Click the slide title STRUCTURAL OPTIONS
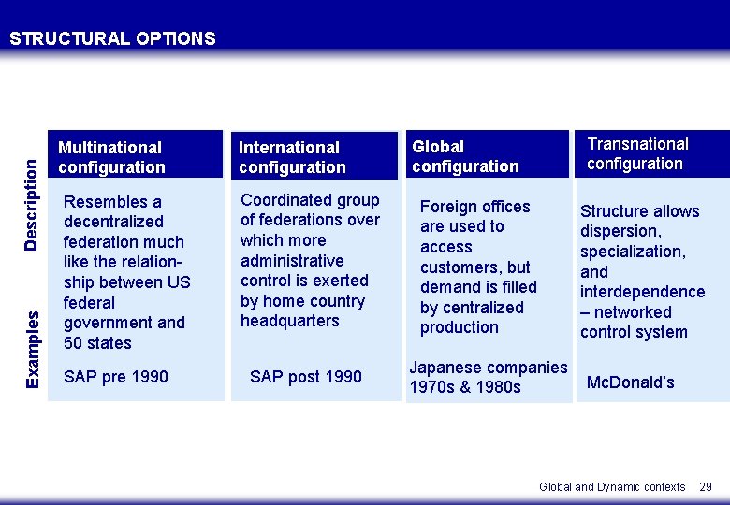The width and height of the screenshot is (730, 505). tap(112, 38)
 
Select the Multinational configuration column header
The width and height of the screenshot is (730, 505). tap(136, 154)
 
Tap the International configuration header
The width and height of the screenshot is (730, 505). tap(314, 155)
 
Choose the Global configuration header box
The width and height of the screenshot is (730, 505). tap(488, 154)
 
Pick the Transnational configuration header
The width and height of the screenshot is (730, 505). tap(652, 154)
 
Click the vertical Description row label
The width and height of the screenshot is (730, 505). tap(31, 205)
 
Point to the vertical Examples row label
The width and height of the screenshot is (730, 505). tap(32, 350)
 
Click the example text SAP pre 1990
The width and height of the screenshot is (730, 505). tap(115, 376)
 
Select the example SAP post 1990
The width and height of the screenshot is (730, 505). tap(305, 376)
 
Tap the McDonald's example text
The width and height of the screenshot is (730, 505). tap(631, 382)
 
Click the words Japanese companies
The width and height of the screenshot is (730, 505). tap(489, 368)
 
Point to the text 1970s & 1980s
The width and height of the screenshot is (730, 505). tap(465, 387)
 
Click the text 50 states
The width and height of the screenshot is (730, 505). tap(97, 343)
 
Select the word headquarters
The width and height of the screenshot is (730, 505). tap(289, 321)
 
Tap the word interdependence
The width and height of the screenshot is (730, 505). tap(642, 292)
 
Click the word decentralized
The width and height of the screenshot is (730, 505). tap(113, 222)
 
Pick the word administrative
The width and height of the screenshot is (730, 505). tap(292, 260)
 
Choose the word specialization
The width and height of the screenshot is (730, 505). tap(633, 252)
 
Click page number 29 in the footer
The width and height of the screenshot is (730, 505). tap(706, 487)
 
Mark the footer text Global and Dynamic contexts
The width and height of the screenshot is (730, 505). tap(612, 487)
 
